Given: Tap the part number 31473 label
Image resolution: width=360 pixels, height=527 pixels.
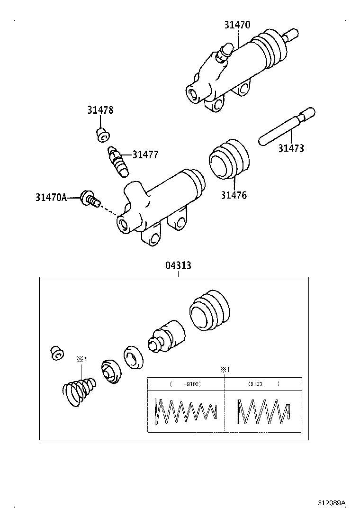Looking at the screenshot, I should point(291,148).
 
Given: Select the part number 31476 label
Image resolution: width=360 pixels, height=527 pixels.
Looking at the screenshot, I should point(234,195).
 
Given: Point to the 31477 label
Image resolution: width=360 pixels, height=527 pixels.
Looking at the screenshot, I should point(145,154).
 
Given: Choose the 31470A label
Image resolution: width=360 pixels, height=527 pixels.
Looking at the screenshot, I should point(51,197).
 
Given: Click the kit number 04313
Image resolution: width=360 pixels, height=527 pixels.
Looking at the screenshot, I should point(178,265).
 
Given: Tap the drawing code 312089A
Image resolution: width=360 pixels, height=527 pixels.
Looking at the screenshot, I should point(332,503).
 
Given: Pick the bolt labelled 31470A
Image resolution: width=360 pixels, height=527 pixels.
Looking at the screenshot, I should point(90,199).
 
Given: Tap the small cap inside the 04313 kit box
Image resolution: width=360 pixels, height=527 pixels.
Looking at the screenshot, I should point(56,353).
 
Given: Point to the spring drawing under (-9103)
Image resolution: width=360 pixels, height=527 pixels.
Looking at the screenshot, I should point(186,410).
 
